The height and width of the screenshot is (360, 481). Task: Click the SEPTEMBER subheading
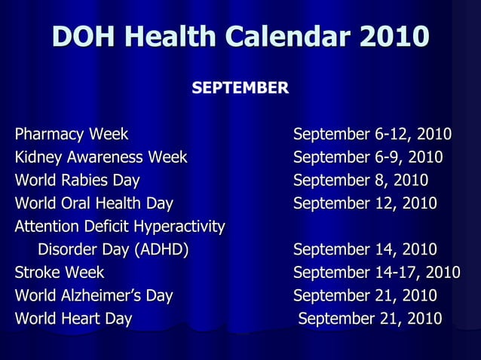coord(240,89)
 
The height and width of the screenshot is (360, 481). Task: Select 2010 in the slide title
coord(394,36)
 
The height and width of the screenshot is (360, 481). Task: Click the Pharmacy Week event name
coord(72,136)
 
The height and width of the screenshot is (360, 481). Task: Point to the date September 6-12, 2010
coord(372,136)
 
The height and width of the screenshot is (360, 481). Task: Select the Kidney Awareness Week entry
coord(101,158)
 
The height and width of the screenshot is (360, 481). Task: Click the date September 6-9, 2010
coord(368,158)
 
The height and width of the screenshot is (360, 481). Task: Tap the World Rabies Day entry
coord(78,182)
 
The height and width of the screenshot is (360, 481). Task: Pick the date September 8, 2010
coord(360,182)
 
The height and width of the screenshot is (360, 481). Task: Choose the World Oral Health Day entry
coord(94,204)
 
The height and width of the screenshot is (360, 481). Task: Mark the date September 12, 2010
coord(365,204)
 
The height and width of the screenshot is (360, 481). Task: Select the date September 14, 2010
coord(365,250)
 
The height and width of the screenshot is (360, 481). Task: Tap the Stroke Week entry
coord(60,273)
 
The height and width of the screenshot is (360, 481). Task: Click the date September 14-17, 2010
coord(376,273)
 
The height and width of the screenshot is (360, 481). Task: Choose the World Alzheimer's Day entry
coord(94,296)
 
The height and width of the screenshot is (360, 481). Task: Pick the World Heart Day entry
coord(74,319)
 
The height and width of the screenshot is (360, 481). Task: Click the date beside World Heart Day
coord(370,319)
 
